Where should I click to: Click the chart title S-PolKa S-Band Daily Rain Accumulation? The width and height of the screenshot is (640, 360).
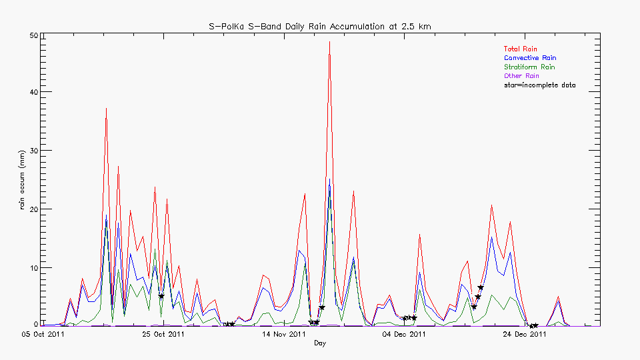click(320, 26)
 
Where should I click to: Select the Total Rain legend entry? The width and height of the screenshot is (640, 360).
click(520, 49)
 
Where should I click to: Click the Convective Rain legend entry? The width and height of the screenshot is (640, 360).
click(529, 58)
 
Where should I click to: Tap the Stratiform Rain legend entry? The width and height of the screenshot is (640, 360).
click(529, 67)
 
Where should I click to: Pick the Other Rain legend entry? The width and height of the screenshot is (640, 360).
click(521, 76)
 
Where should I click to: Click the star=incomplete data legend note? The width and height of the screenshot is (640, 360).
click(539, 85)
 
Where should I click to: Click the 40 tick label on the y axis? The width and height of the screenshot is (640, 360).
click(33, 92)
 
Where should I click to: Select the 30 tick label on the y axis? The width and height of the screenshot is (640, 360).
click(33, 151)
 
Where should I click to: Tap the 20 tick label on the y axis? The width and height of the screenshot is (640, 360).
click(33, 209)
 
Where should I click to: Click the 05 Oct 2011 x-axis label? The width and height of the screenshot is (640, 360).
click(42, 334)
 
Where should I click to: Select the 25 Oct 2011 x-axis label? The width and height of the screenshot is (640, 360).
click(163, 334)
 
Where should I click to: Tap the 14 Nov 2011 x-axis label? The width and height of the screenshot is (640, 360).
click(285, 334)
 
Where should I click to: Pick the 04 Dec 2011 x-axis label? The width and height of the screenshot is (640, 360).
click(404, 334)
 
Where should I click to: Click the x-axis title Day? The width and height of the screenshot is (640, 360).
click(321, 343)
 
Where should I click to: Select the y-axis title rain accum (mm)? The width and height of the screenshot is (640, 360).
click(22, 180)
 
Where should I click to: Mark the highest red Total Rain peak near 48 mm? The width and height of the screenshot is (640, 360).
click(329, 42)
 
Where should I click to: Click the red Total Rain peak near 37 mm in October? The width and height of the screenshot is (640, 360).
click(106, 109)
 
